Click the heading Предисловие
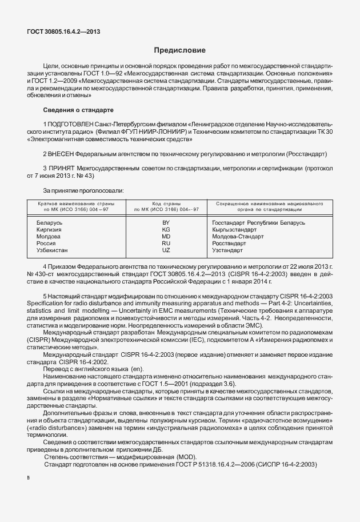pos(179,51)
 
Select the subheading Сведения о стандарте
pos(78,109)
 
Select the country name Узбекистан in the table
pos(52,250)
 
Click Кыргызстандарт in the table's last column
pos(235,229)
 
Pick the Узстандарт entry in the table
pos(227,250)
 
